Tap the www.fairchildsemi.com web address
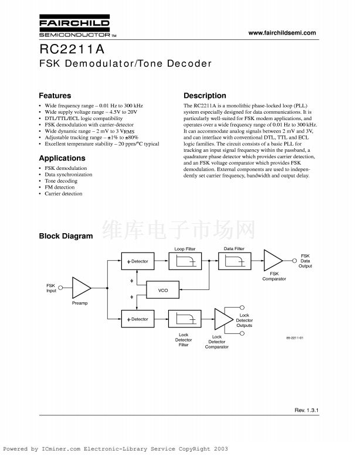point(282,33)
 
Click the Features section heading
point(55,95)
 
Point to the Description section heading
point(205,95)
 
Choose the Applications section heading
point(62,158)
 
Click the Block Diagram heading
point(65,236)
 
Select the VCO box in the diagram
point(164,291)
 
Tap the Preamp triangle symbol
point(81,288)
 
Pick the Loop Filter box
point(185,261)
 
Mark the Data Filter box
point(234,261)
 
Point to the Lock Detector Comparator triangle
point(223,319)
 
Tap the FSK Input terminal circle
point(62,288)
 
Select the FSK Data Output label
point(305,261)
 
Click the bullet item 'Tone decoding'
point(61,181)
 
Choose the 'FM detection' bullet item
point(59,187)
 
